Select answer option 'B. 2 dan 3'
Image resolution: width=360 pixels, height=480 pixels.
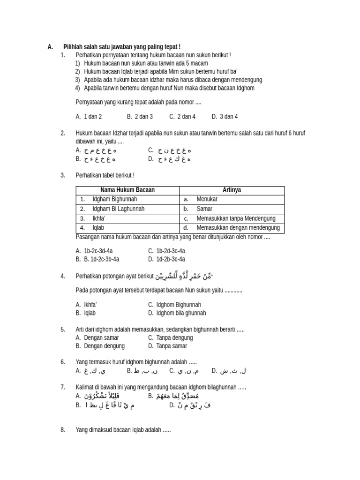coord(140,117)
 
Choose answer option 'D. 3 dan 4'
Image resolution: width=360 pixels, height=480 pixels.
coord(225,117)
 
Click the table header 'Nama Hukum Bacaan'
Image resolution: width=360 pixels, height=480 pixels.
coord(127,190)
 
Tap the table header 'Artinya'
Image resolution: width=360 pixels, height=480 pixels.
coord(232,190)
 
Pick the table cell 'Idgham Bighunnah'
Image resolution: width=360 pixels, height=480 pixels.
coord(115,199)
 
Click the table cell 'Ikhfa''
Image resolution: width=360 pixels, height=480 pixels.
coord(98,218)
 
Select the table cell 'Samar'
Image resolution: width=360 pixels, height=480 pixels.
coord(204,209)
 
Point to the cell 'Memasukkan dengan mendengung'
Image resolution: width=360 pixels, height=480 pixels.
coord(238,228)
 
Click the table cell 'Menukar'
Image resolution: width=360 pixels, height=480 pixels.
coord(207,199)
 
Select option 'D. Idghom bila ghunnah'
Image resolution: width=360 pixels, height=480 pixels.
coord(177,313)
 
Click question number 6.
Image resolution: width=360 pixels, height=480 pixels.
coord(63,362)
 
